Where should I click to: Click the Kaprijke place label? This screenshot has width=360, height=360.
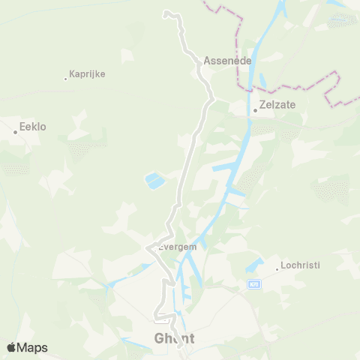click(87, 74)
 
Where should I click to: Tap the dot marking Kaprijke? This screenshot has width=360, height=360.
click(65, 77)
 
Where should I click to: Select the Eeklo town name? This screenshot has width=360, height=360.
click(33, 127)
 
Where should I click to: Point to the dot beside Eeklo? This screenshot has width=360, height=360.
click(15, 132)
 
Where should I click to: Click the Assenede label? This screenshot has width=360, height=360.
click(226, 60)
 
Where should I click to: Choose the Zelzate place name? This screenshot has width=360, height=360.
click(277, 106)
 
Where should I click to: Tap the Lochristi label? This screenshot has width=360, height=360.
click(300, 265)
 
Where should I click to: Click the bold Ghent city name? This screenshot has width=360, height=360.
click(174, 338)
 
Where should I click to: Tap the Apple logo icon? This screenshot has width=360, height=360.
click(11, 347)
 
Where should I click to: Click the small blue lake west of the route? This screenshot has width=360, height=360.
click(152, 180)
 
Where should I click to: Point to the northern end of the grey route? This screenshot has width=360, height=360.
click(166, 13)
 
